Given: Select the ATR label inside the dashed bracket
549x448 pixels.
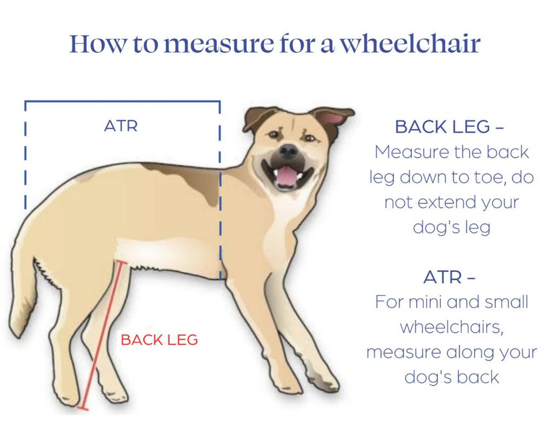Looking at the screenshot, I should (120, 126).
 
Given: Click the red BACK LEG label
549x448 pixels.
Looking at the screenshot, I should (160, 340).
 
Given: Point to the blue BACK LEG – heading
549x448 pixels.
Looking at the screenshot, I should (449, 127).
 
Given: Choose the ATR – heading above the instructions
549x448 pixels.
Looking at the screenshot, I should (449, 278).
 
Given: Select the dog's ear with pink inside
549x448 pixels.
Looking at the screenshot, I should (334, 118).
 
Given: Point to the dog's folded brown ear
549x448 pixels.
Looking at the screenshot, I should (256, 118).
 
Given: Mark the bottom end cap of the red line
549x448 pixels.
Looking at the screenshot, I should (81, 407).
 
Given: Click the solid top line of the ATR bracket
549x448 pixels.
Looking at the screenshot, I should (122, 101).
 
